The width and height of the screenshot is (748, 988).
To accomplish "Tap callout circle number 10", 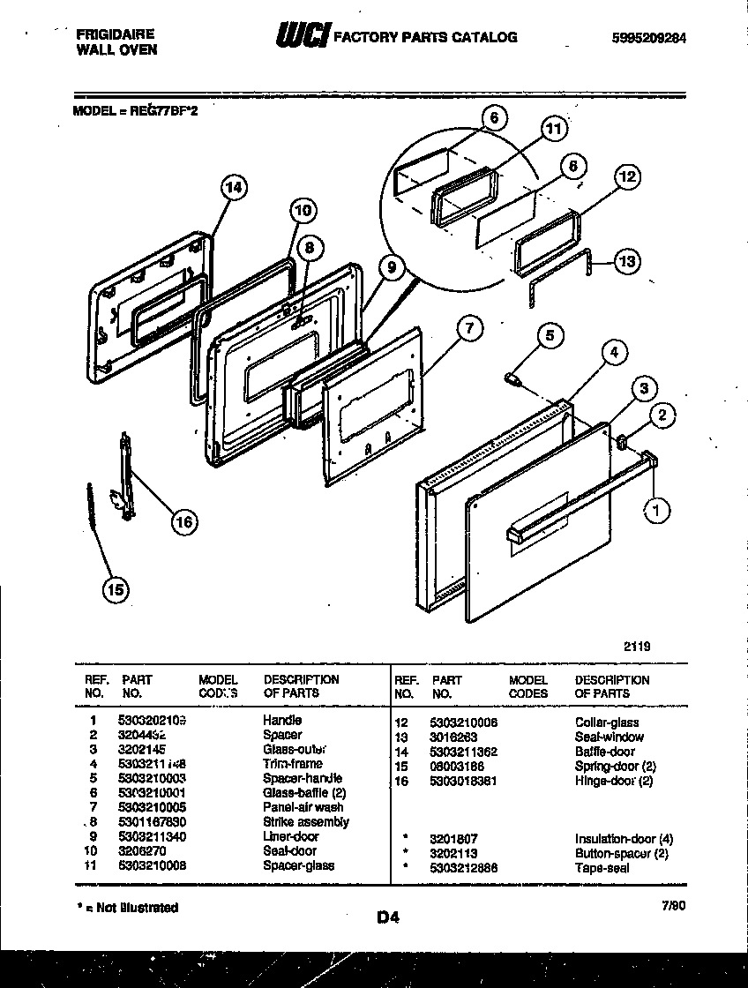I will [x=302, y=211].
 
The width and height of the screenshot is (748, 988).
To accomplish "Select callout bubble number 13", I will [x=625, y=261].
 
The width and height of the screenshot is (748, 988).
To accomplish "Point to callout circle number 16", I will [x=183, y=522].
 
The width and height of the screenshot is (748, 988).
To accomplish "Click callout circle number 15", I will [x=116, y=589].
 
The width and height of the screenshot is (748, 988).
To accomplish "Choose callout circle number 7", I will [x=470, y=329].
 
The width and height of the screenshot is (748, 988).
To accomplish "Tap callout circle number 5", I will [x=550, y=334].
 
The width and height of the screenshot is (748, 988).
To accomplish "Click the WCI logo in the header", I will [x=303, y=36].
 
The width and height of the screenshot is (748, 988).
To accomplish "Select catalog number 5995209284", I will [x=648, y=38].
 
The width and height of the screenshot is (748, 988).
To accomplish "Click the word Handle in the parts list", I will [x=282, y=721].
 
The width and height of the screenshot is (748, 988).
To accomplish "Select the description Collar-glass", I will [x=607, y=722].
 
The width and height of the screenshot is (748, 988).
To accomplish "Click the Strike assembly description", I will [x=305, y=821].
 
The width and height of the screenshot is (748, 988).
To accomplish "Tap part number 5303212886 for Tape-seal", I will [x=464, y=867].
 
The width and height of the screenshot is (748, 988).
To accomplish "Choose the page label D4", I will [x=388, y=917].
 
